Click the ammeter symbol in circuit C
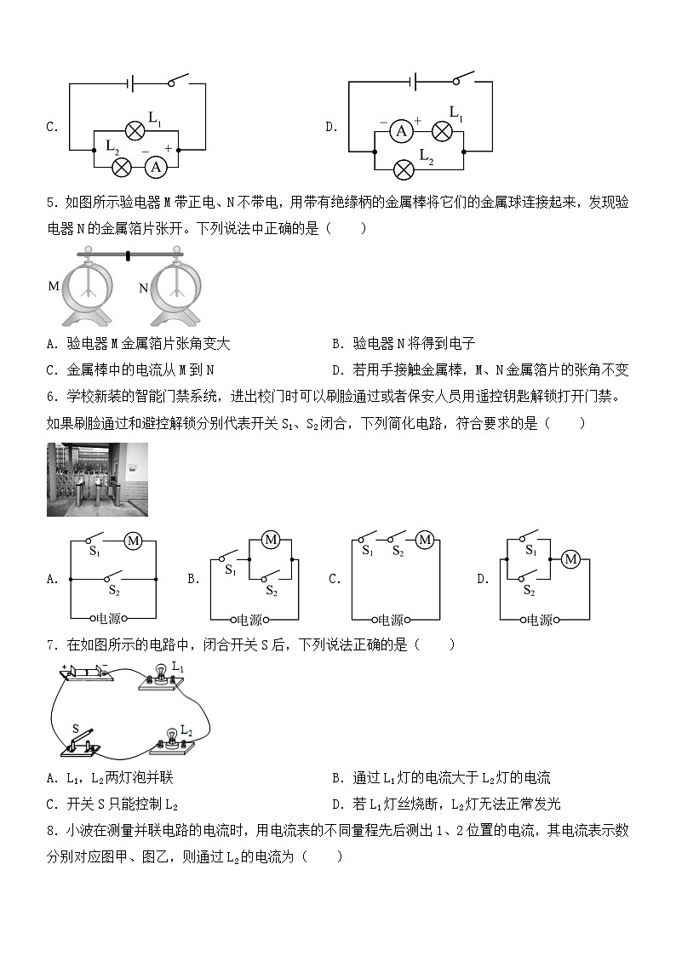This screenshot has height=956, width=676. click(155, 167)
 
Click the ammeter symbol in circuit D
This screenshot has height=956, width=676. click(401, 130)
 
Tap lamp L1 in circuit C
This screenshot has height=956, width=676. click(135, 129)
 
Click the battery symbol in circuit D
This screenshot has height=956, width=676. click(413, 83)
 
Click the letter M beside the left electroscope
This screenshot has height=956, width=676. click(54, 286)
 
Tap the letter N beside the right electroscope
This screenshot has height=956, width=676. click(143, 289)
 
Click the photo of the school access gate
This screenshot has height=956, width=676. click(97, 479)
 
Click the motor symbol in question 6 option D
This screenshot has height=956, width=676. click(571, 559)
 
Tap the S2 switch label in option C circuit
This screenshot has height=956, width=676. click(397, 551)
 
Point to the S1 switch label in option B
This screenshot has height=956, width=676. click(230, 570)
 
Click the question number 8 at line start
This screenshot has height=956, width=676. click(51, 830)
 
